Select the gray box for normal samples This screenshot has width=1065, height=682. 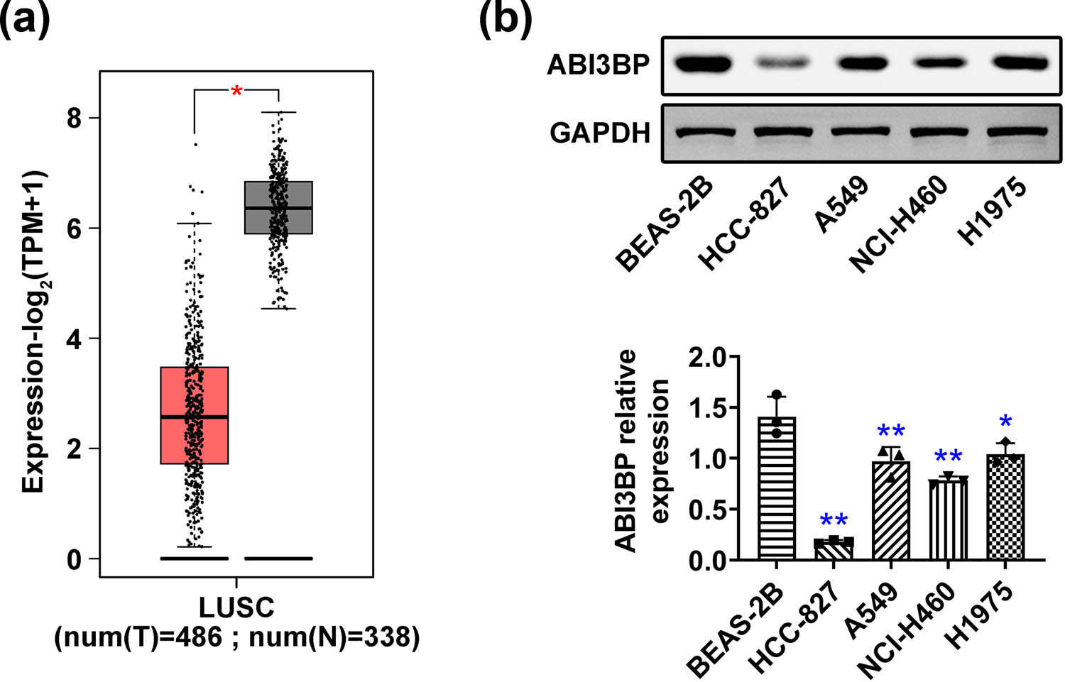[278, 207]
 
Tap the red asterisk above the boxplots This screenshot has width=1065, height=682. [236, 91]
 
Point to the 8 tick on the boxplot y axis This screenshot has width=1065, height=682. [74, 118]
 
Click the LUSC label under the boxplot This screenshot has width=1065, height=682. [236, 607]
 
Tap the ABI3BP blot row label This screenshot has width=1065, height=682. [598, 65]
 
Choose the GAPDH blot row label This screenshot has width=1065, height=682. [600, 133]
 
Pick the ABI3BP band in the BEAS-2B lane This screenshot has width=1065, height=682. [703, 65]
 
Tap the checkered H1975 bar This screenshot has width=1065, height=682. [1005, 507]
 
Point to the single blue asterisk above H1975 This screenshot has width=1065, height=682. [1005, 423]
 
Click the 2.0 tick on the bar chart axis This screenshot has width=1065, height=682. [708, 358]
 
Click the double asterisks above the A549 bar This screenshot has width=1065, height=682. [891, 431]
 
